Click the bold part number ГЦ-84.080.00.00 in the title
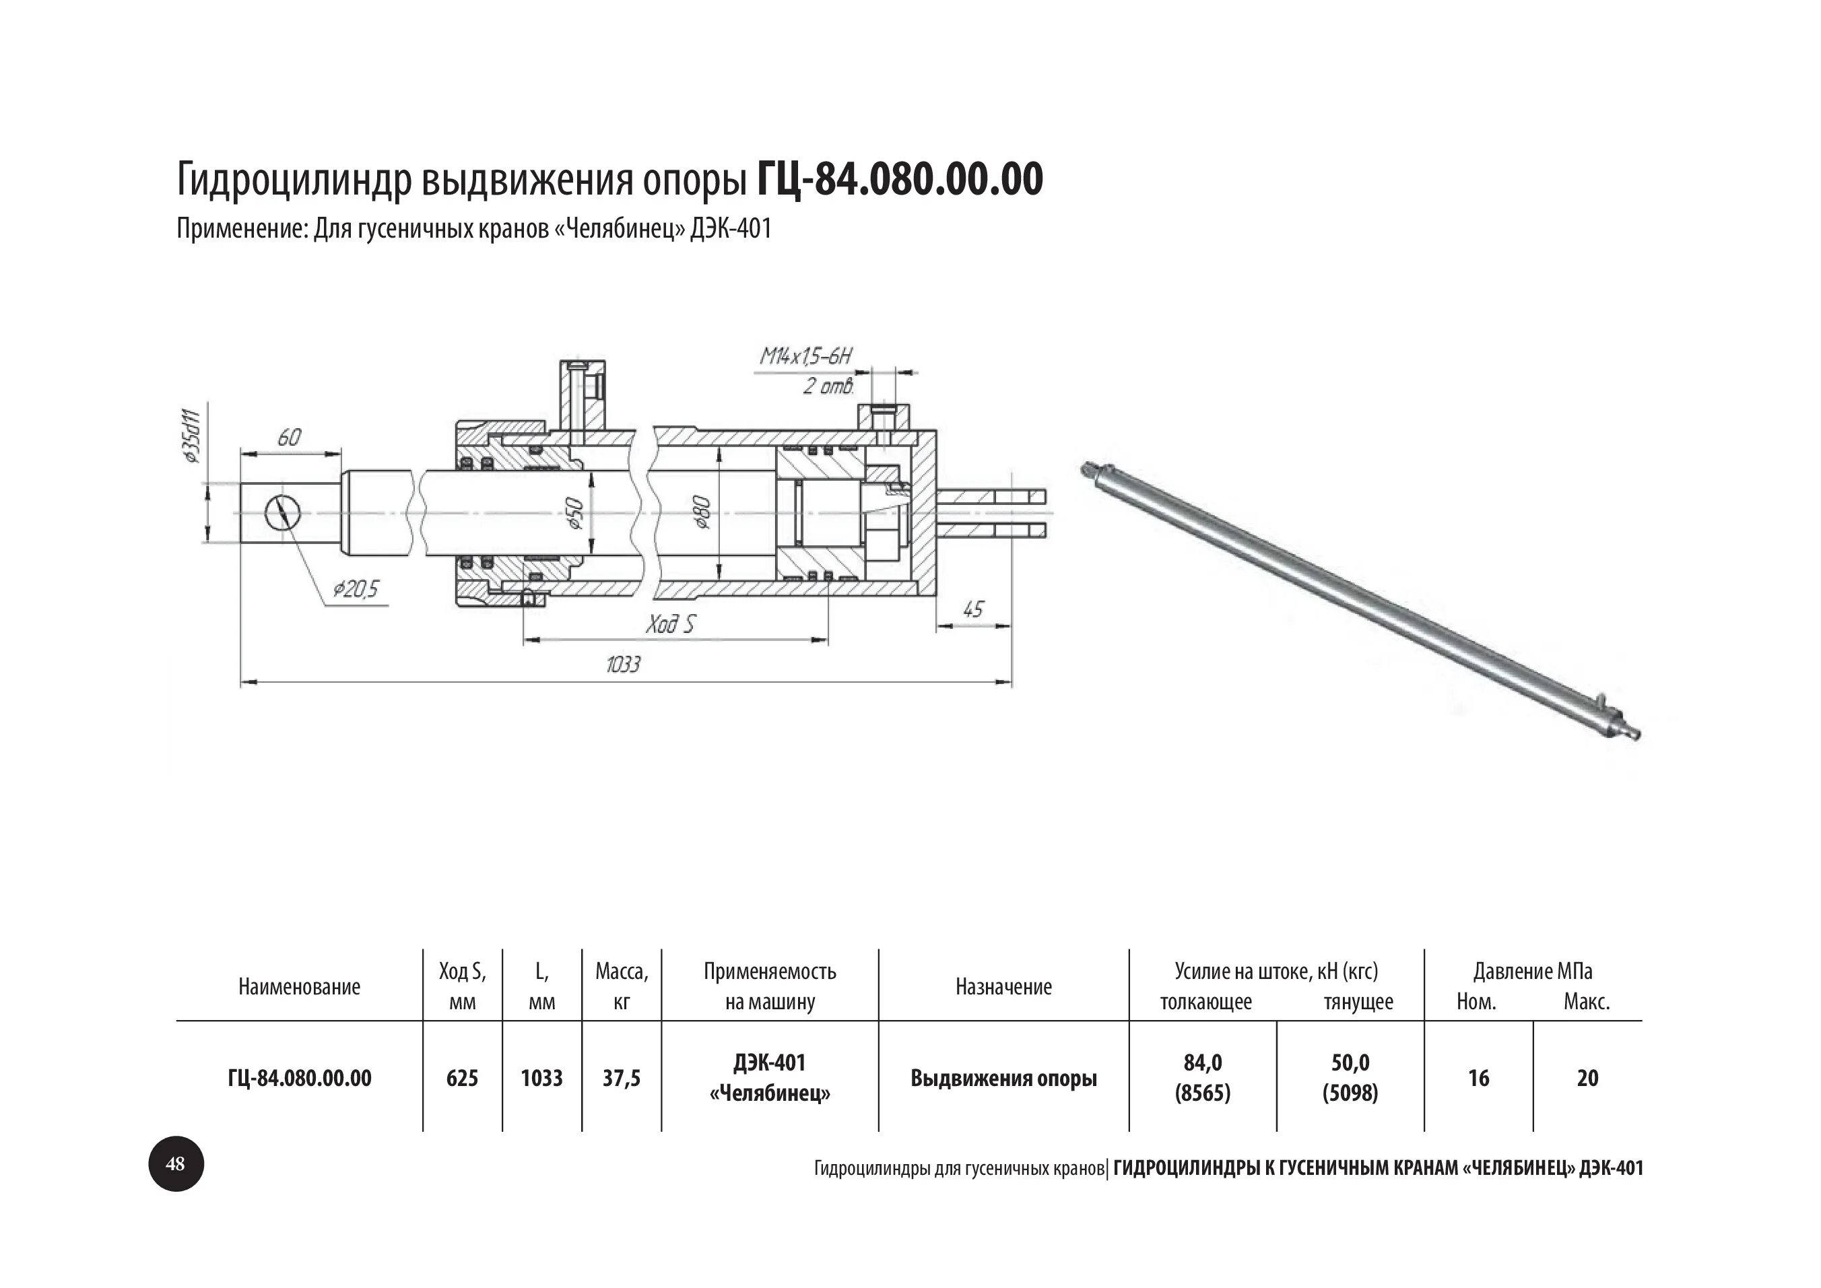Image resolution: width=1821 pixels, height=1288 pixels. click(x=900, y=179)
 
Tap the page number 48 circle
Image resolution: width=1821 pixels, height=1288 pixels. click(x=176, y=1163)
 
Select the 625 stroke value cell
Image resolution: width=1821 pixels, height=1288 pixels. click(x=463, y=1078)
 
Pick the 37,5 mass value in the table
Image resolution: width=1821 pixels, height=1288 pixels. click(x=621, y=1078)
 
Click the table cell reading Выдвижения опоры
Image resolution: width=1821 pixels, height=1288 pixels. click(x=1003, y=1078)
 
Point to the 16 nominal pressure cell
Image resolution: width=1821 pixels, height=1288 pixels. click(x=1478, y=1078)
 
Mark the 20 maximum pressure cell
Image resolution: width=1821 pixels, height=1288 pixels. click(x=1587, y=1078)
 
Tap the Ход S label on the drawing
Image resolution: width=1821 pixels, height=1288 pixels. click(x=670, y=625)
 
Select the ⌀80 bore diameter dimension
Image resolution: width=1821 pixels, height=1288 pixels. click(x=702, y=512)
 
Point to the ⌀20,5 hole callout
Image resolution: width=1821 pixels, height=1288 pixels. click(x=356, y=589)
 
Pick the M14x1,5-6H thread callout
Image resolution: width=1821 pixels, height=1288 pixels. click(x=805, y=357)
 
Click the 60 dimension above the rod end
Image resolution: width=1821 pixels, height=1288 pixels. click(x=290, y=438)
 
